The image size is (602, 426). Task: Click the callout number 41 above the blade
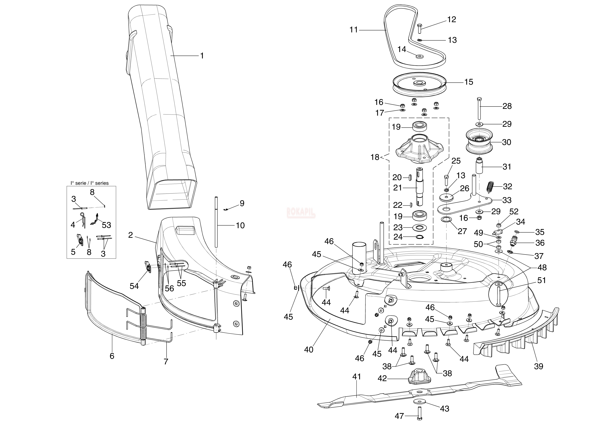[x=357, y=377]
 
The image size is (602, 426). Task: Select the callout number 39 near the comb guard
[x=539, y=366]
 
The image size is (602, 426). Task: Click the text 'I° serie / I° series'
[x=89, y=183]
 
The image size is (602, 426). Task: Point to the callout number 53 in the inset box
[x=107, y=225]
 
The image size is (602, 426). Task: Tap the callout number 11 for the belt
[x=354, y=30]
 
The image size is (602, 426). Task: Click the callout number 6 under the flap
[x=112, y=356]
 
